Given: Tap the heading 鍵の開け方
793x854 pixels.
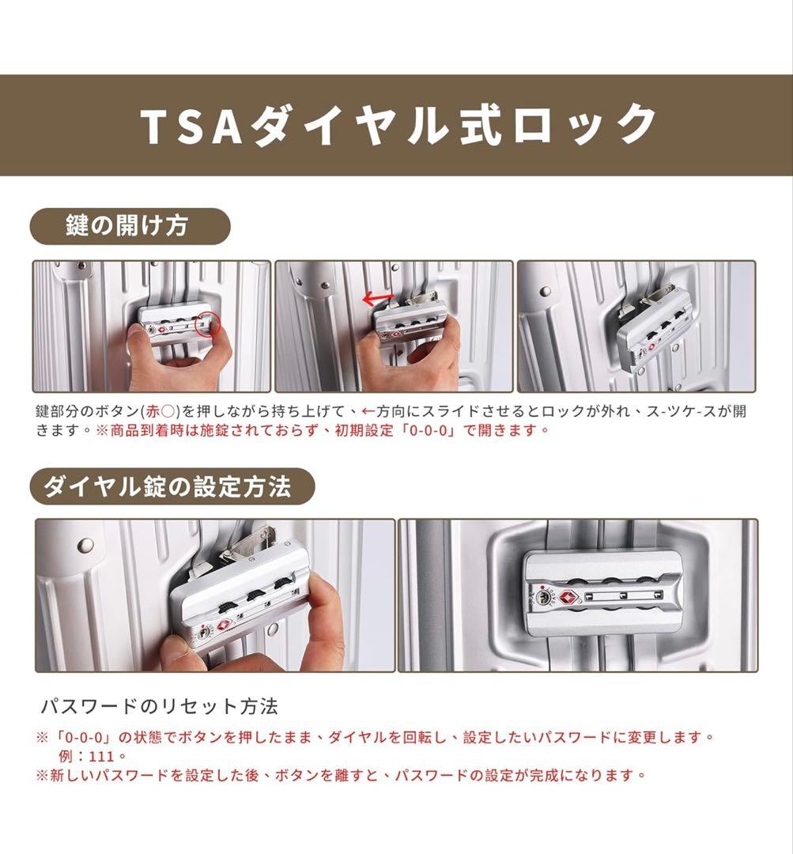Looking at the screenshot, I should (x=127, y=227).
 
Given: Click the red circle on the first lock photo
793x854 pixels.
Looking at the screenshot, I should (x=208, y=323).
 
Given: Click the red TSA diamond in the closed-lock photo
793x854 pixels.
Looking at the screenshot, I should (x=567, y=595).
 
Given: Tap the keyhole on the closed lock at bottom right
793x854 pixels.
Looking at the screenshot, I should (x=545, y=597).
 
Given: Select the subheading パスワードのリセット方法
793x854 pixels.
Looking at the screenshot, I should (x=159, y=705).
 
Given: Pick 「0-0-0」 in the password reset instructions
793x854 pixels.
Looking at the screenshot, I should (x=82, y=737).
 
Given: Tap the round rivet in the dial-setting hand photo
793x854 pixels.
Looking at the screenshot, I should (x=85, y=545).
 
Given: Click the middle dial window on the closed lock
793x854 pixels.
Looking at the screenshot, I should (x=622, y=594).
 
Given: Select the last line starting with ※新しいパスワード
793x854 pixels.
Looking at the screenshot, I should (x=341, y=775).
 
